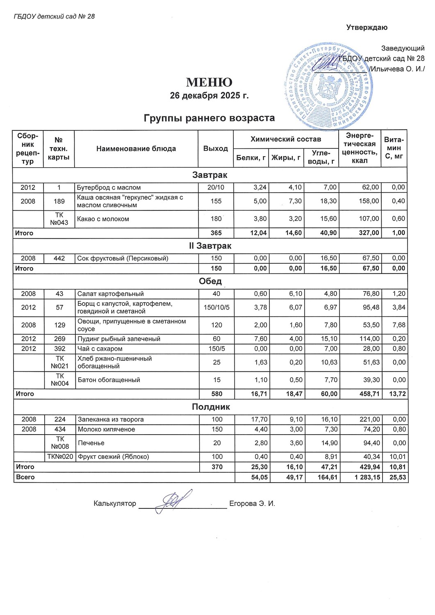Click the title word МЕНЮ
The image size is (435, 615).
(209, 82)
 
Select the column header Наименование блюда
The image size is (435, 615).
(136, 149)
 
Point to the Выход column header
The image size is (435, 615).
(216, 148)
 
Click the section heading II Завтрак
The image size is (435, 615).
(210, 246)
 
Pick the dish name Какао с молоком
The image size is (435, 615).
(103, 219)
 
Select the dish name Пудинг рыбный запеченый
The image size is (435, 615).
(119, 339)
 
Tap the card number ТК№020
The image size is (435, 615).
(60, 457)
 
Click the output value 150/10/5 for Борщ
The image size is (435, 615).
(216, 307)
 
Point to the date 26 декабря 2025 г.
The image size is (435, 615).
(209, 96)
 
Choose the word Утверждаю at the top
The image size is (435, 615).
(367, 27)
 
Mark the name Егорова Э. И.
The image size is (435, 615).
(252, 503)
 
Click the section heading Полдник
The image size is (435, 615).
(211, 407)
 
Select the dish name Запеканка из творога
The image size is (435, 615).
(111, 419)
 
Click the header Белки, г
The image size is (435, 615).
(251, 158)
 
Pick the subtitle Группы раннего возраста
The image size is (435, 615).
(209, 118)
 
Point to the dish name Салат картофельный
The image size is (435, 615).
(111, 294)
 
